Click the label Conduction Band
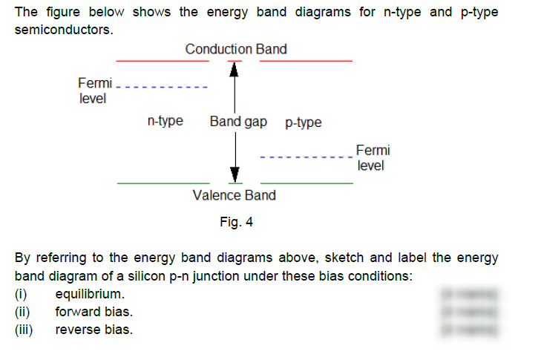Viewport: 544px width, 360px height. pos(236,49)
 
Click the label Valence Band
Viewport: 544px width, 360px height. pos(234,195)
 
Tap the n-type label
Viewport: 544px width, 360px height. pos(166,120)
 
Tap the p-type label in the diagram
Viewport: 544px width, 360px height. pos(304,122)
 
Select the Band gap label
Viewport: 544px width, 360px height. pos(237,120)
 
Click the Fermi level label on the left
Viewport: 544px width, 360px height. pos(94,90)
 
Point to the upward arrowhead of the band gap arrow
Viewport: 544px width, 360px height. pos(235,69)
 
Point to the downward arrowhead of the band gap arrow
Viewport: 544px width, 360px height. pos(235,174)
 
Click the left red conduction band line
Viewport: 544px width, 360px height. pos(163,60)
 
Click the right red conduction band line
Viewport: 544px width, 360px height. pos(306,60)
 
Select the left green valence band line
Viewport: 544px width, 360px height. pos(163,182)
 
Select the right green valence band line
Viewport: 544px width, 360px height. pos(306,182)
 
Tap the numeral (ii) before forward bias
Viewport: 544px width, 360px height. pos(24,312)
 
